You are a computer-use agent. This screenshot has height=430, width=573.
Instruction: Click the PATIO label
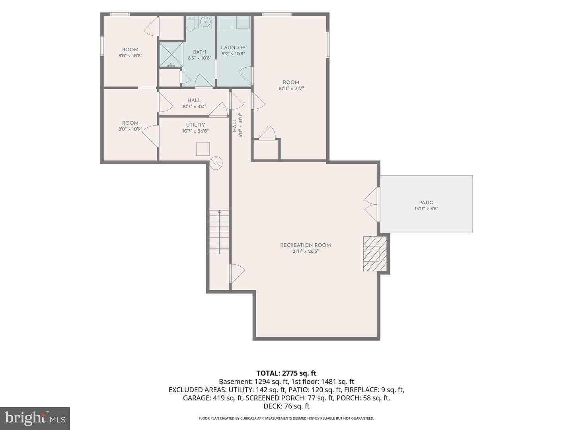click(x=426, y=202)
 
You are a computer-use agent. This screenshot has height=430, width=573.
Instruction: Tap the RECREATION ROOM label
click(x=306, y=245)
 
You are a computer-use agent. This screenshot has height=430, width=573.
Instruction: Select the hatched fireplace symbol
click(x=375, y=254)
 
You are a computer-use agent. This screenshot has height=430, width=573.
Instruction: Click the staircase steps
click(x=219, y=232)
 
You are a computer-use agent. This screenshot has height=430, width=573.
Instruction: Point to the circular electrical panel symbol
click(x=216, y=163)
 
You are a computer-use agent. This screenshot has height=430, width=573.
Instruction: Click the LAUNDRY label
click(x=233, y=47)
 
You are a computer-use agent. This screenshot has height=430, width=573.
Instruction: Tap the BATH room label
click(x=199, y=52)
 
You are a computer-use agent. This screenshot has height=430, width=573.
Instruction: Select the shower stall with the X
click(x=171, y=55)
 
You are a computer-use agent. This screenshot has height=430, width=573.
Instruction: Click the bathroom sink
click(x=205, y=22)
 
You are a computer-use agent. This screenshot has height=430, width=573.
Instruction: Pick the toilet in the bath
click(x=190, y=23)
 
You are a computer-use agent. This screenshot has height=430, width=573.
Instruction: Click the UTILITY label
click(x=195, y=125)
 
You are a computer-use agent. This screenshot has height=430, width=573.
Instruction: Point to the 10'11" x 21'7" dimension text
click(x=291, y=88)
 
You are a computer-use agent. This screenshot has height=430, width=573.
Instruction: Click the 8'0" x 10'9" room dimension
click(x=130, y=129)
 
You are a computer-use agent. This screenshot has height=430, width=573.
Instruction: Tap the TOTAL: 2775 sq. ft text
click(x=286, y=373)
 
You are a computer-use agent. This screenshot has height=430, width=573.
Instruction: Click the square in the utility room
click(x=203, y=149)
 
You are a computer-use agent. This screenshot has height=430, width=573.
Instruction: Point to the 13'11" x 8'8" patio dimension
click(x=426, y=209)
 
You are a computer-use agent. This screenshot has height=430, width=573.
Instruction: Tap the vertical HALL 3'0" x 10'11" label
click(x=237, y=125)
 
